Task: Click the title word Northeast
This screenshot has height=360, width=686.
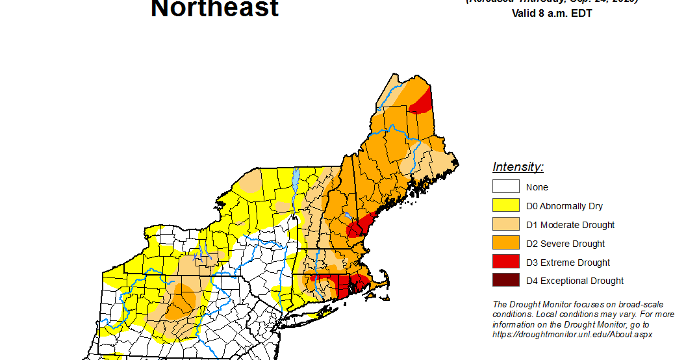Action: point(214,9)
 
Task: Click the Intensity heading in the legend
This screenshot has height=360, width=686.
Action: point(518,167)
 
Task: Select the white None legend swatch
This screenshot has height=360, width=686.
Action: point(505,187)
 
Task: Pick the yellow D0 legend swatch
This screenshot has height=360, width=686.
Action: point(505,206)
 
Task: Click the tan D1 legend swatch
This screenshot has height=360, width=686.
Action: point(505,225)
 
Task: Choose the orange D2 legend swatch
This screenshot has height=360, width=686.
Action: point(505,244)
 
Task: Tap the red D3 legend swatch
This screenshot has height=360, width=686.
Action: point(505,263)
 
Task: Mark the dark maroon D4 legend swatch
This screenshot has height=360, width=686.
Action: point(505,281)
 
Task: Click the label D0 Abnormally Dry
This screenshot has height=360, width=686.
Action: point(564,206)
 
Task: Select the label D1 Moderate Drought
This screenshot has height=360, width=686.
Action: point(570,225)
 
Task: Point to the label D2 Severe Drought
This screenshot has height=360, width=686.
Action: point(565,244)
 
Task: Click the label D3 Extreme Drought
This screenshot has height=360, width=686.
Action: point(568,263)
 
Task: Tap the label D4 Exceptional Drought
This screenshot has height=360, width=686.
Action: point(574,281)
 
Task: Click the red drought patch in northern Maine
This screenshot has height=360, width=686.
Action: point(422,101)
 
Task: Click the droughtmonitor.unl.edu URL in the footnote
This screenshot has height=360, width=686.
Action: point(572,334)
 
